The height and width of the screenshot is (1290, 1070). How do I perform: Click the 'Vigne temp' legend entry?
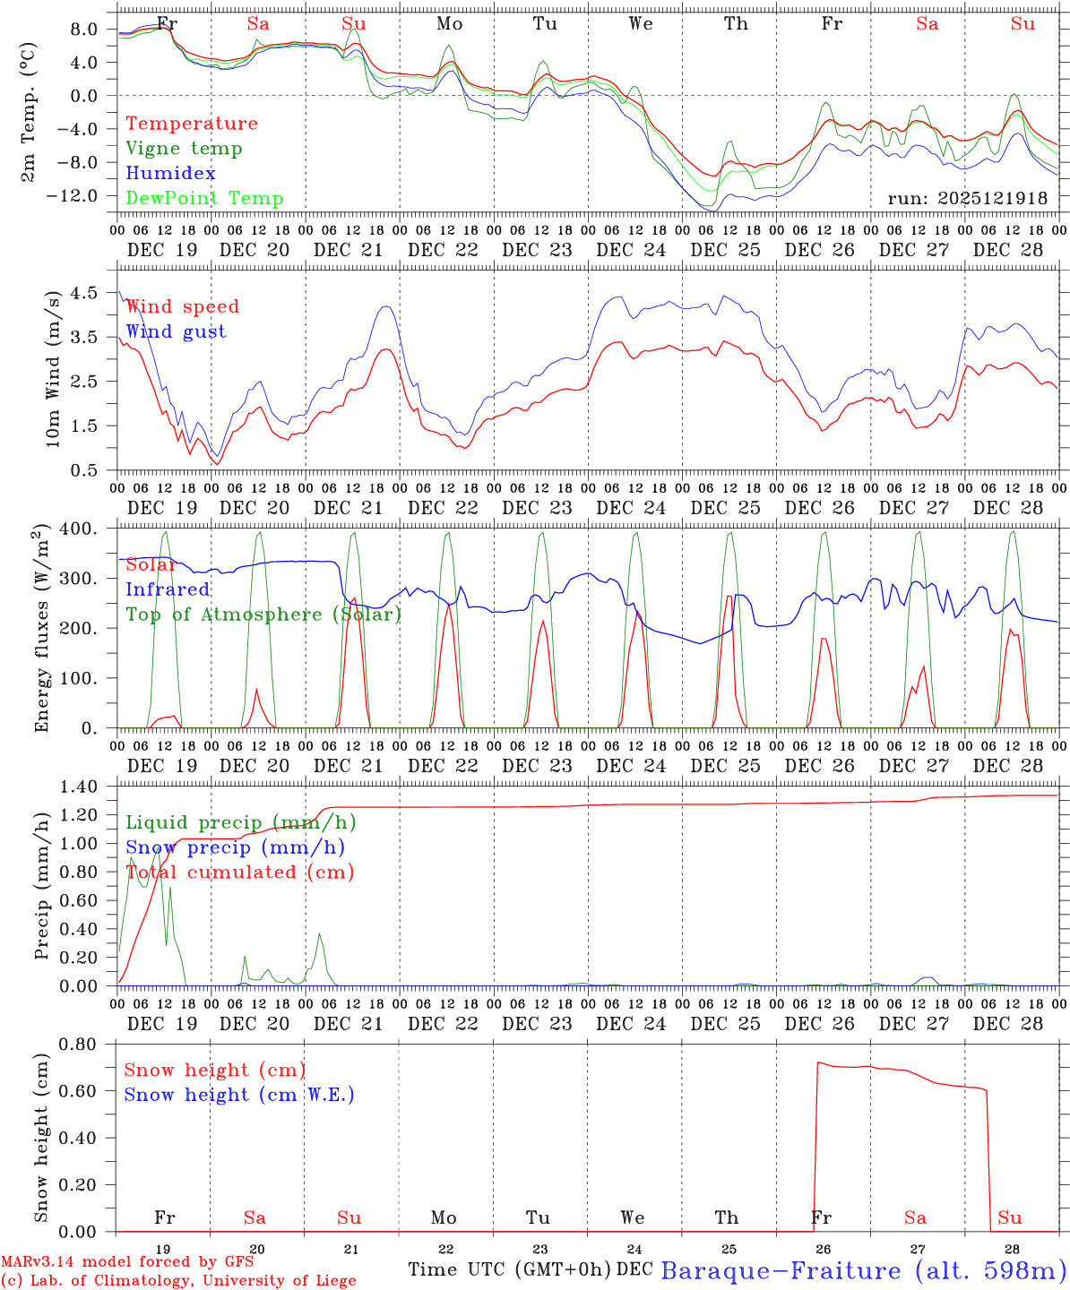pos(184,149)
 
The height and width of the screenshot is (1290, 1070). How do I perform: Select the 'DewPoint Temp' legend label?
pos(204,199)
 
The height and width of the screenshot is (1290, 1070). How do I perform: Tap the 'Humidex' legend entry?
pos(170,174)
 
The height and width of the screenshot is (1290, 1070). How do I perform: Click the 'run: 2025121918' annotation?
pos(967,199)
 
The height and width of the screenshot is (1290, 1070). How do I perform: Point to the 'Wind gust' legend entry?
pos(176,331)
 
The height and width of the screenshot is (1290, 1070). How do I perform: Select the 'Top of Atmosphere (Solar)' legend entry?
pos(263,615)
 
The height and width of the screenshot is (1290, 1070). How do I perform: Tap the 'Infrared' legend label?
pos(168,589)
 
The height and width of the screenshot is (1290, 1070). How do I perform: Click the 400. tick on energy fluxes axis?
pos(80,529)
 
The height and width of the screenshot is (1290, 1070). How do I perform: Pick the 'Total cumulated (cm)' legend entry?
pos(239,873)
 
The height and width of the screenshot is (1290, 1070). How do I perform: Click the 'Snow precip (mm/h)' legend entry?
pos(235,847)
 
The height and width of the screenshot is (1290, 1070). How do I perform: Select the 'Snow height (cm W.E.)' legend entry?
pos(239,1095)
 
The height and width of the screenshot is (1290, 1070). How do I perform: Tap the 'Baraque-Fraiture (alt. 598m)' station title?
pos(864,1270)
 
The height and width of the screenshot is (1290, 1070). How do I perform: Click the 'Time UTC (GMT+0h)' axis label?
pos(510,1269)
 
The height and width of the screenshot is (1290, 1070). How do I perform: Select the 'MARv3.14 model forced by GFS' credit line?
pos(127,1262)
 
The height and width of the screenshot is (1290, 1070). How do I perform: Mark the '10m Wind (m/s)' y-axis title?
pos(53,367)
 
